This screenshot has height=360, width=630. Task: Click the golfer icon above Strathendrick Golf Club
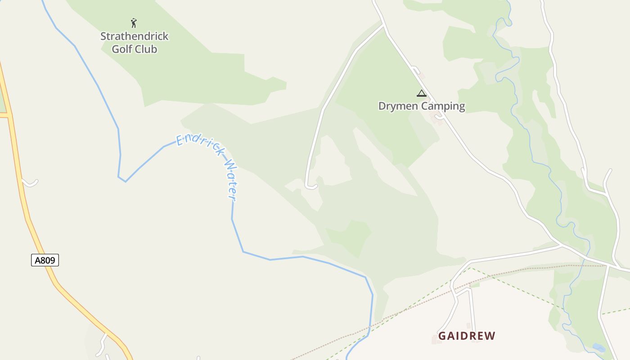[x=134, y=23]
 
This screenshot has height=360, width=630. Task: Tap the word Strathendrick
[x=134, y=36]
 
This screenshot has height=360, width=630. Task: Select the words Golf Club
[x=134, y=49]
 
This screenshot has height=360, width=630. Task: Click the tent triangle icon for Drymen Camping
[x=421, y=94]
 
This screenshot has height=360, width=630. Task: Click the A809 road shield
[x=45, y=260]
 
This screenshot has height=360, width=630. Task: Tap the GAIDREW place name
[x=467, y=336]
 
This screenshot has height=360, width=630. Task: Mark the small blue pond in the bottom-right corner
[x=598, y=347]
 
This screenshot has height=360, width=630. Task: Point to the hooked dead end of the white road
[x=310, y=186]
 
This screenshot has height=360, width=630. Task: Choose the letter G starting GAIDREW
[x=442, y=336]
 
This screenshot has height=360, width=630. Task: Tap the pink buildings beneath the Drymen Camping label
[x=436, y=118]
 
